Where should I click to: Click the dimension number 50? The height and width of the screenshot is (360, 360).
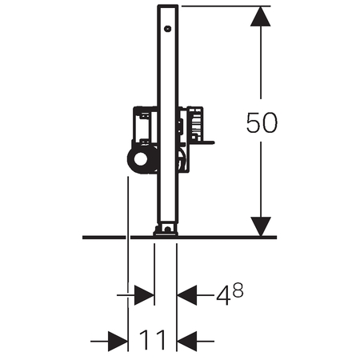(x=262, y=122)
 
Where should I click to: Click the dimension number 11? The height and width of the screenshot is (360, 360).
(x=152, y=340)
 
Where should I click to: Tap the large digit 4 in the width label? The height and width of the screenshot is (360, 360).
(x=223, y=296)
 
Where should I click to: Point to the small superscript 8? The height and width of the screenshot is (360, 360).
(x=238, y=290)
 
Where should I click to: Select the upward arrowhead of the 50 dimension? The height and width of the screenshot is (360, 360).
(x=261, y=16)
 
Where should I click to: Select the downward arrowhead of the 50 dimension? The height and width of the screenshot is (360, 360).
(x=261, y=226)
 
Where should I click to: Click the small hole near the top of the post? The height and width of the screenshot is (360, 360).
(x=167, y=29)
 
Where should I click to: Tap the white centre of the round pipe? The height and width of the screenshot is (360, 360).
(x=141, y=159)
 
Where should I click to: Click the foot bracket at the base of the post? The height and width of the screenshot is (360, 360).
(x=166, y=230)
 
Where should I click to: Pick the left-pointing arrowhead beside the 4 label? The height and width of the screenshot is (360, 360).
(x=187, y=295)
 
